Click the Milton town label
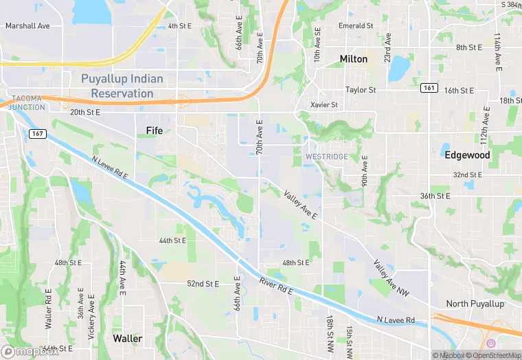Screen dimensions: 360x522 coord(353,59)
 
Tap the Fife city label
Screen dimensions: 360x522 coord(155,130)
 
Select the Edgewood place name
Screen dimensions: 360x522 coord(467,155)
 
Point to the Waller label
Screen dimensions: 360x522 coord(128,339)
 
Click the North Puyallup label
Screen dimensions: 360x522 coord(475,304)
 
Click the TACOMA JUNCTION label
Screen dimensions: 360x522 coord(27,102)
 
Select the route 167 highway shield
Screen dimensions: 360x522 coord(38,133)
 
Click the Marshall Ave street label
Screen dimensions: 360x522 coord(27,26)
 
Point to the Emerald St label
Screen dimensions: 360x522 coord(356,26)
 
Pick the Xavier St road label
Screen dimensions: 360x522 coord(324,105)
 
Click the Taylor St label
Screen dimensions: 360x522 coord(361,90)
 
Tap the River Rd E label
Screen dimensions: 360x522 coord(276,286)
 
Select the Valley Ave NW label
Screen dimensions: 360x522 coord(390,278)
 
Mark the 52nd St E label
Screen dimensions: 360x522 coord(203,284)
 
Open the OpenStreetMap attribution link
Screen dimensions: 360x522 coord(492,355)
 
